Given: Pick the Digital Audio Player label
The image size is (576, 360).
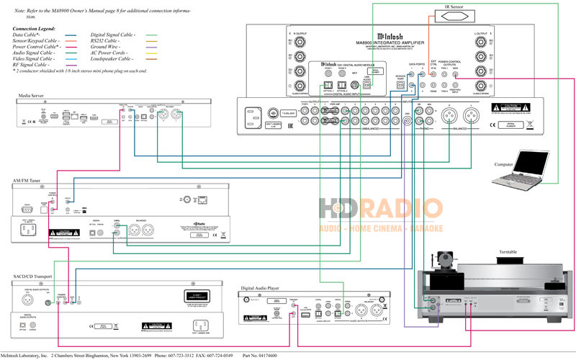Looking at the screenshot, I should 266,287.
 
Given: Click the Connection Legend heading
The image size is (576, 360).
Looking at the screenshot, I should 37,28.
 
